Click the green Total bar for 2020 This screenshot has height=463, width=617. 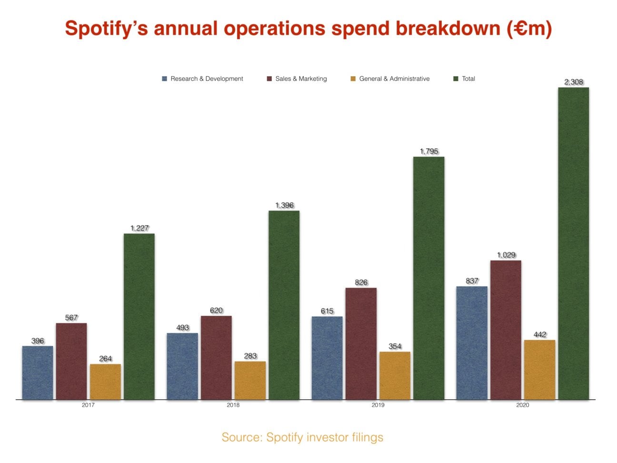pyautogui.click(x=573, y=243)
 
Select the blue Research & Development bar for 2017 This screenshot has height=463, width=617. pyautogui.click(x=38, y=372)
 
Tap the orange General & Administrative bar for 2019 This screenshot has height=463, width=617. pyautogui.click(x=395, y=375)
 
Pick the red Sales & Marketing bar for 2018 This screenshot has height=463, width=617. pyautogui.click(x=216, y=357)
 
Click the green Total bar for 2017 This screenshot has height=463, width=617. pyautogui.click(x=139, y=316)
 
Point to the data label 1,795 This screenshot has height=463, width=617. pyautogui.click(x=428, y=151)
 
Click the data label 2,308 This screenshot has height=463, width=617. pyautogui.click(x=574, y=82)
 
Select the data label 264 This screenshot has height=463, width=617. pyautogui.click(x=105, y=359)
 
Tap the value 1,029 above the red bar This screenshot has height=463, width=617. pyautogui.click(x=506, y=255)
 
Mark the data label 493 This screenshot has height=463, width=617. pyautogui.click(x=182, y=328)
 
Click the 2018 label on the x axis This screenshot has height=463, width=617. pyautogui.click(x=233, y=405)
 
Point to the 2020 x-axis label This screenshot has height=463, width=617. pyautogui.click(x=522, y=405)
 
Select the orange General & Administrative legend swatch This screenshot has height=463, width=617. pyautogui.click(x=353, y=79)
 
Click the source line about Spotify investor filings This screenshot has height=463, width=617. pyautogui.click(x=302, y=437)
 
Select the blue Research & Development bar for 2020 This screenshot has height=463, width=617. pyautogui.click(x=471, y=343)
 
